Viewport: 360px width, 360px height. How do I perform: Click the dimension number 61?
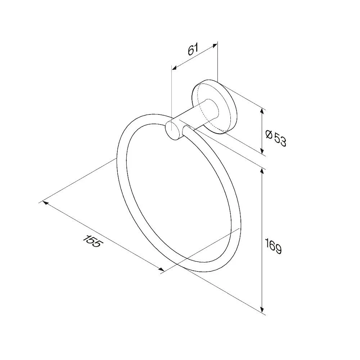[193, 50]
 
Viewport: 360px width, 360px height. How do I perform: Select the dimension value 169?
[273, 246]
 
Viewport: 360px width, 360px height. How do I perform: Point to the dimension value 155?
[91, 241]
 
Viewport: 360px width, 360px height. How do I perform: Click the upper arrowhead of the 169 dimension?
[262, 171]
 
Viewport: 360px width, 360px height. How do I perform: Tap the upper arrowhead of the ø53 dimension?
[262, 112]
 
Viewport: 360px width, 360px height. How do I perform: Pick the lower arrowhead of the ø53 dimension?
[262, 150]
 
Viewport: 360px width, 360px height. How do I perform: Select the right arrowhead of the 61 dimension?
[215, 45]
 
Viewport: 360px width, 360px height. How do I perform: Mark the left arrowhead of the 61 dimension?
[175, 68]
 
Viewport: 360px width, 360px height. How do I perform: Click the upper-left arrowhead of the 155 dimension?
[45, 203]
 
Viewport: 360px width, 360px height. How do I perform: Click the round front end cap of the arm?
[174, 131]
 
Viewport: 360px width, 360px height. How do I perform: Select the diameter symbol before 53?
[269, 134]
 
